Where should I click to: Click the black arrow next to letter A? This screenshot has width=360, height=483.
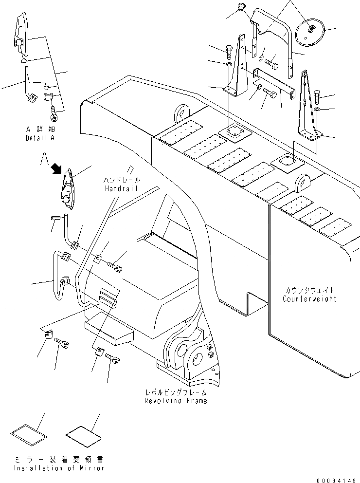(57, 168)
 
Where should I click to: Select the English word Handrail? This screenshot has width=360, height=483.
(121, 188)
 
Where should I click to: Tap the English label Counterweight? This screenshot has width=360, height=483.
(309, 298)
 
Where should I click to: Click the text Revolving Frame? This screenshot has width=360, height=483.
(175, 400)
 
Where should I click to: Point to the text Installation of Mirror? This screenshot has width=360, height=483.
(58, 468)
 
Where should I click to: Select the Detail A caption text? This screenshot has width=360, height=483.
(40, 138)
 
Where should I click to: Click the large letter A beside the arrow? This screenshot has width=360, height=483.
(45, 158)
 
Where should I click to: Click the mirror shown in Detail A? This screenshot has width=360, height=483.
(21, 37)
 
